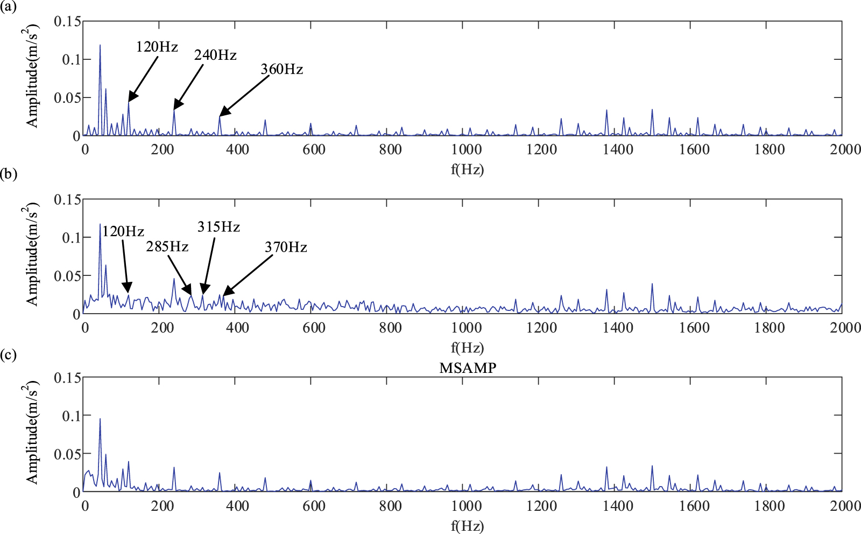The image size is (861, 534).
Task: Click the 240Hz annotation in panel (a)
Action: click(x=215, y=55)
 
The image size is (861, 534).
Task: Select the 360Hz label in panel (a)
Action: click(x=281, y=70)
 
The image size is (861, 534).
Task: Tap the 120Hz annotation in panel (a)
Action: click(x=157, y=47)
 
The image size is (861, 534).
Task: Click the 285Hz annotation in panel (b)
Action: click(x=167, y=247)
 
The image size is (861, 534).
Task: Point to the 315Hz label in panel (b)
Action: click(x=218, y=227)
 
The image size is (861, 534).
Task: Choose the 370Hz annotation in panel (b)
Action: click(x=286, y=247)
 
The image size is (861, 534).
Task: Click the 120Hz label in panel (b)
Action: click(x=123, y=232)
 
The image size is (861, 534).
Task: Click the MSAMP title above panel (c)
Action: click(x=468, y=368)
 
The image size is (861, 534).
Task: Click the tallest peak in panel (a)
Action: click(x=100, y=46)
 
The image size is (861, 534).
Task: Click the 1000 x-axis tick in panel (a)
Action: click(x=466, y=149)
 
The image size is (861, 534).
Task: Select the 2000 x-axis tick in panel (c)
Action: click(x=845, y=505)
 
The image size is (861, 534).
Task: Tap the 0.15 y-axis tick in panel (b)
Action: click(x=67, y=200)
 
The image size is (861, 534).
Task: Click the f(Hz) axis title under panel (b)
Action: click(x=467, y=348)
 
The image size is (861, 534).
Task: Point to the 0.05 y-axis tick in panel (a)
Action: click(x=67, y=98)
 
